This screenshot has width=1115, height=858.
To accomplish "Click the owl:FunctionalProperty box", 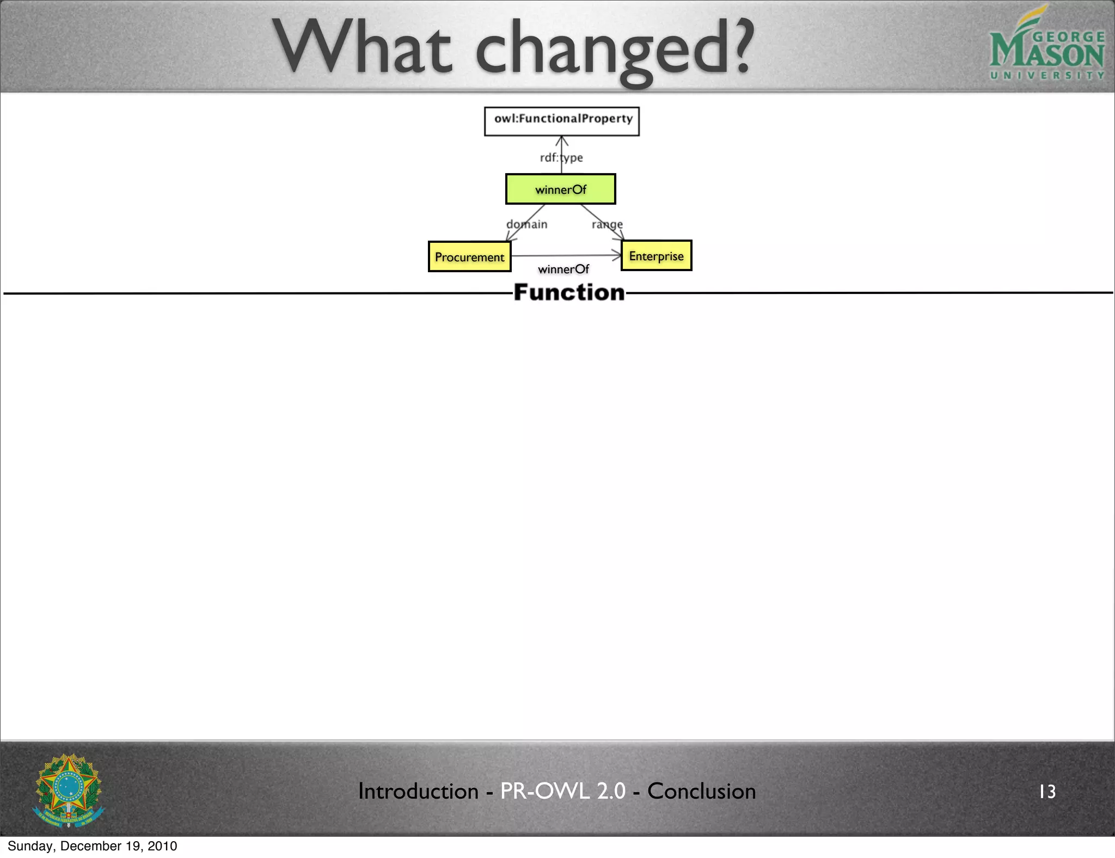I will pos(562,121).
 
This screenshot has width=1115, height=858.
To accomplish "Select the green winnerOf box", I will pos(561,189).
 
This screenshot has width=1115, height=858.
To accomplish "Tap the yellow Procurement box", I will pos(469,256).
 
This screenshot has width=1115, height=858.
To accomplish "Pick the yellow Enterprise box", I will pos(656,255).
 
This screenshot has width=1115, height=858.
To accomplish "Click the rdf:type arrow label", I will pos(561,158).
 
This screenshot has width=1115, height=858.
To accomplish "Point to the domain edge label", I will pos(527,224).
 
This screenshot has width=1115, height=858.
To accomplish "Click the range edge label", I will pos(607,224).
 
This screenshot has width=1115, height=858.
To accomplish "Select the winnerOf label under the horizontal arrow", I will pos(563,269).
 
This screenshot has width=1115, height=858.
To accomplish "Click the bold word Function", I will pos(569,292).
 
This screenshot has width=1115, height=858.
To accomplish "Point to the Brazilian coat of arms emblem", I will pos(69,790).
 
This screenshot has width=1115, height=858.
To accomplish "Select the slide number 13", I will pos(1047,792).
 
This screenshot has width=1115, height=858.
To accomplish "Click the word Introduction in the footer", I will pos(418,791).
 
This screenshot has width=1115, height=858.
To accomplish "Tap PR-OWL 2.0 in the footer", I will pos(563,791).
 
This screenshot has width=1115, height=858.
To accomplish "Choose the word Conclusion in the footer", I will pos(701,791).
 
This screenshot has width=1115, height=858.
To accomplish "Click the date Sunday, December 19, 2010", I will pos(93,846).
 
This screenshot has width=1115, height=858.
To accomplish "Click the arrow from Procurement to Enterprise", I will pos(566,255).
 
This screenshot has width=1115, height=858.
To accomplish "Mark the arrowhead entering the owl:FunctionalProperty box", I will pos(562,140).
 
